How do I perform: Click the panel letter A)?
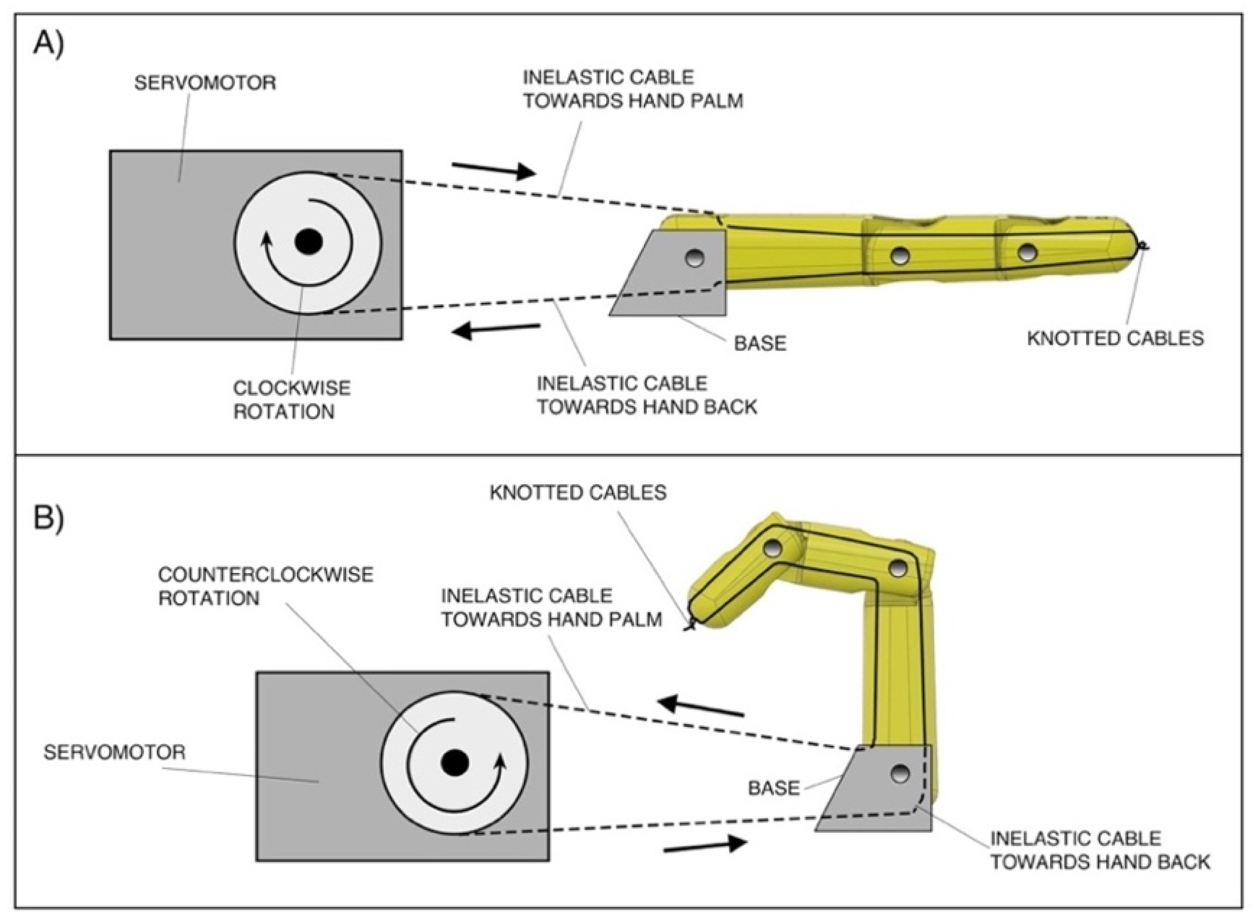[x=49, y=44]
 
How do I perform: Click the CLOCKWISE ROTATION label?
[x=291, y=400]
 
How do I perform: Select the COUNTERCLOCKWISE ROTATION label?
[x=265, y=586]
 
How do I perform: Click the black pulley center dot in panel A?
[x=309, y=242]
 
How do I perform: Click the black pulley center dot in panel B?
[x=455, y=763]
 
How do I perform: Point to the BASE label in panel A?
[x=760, y=343]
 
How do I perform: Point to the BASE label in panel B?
[x=774, y=788]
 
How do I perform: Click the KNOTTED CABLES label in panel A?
[x=1115, y=339]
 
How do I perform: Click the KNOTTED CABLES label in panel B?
[x=578, y=493]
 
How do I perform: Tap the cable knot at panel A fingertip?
[x=1142, y=245]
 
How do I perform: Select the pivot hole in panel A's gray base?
[x=695, y=258]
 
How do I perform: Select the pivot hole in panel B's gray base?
[x=899, y=774]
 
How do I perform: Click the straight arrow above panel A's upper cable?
[x=493, y=170]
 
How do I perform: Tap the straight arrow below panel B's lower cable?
[x=705, y=846]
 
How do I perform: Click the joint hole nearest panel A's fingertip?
[x=1027, y=252]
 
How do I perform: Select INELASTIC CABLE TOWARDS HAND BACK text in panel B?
[x=1099, y=850]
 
